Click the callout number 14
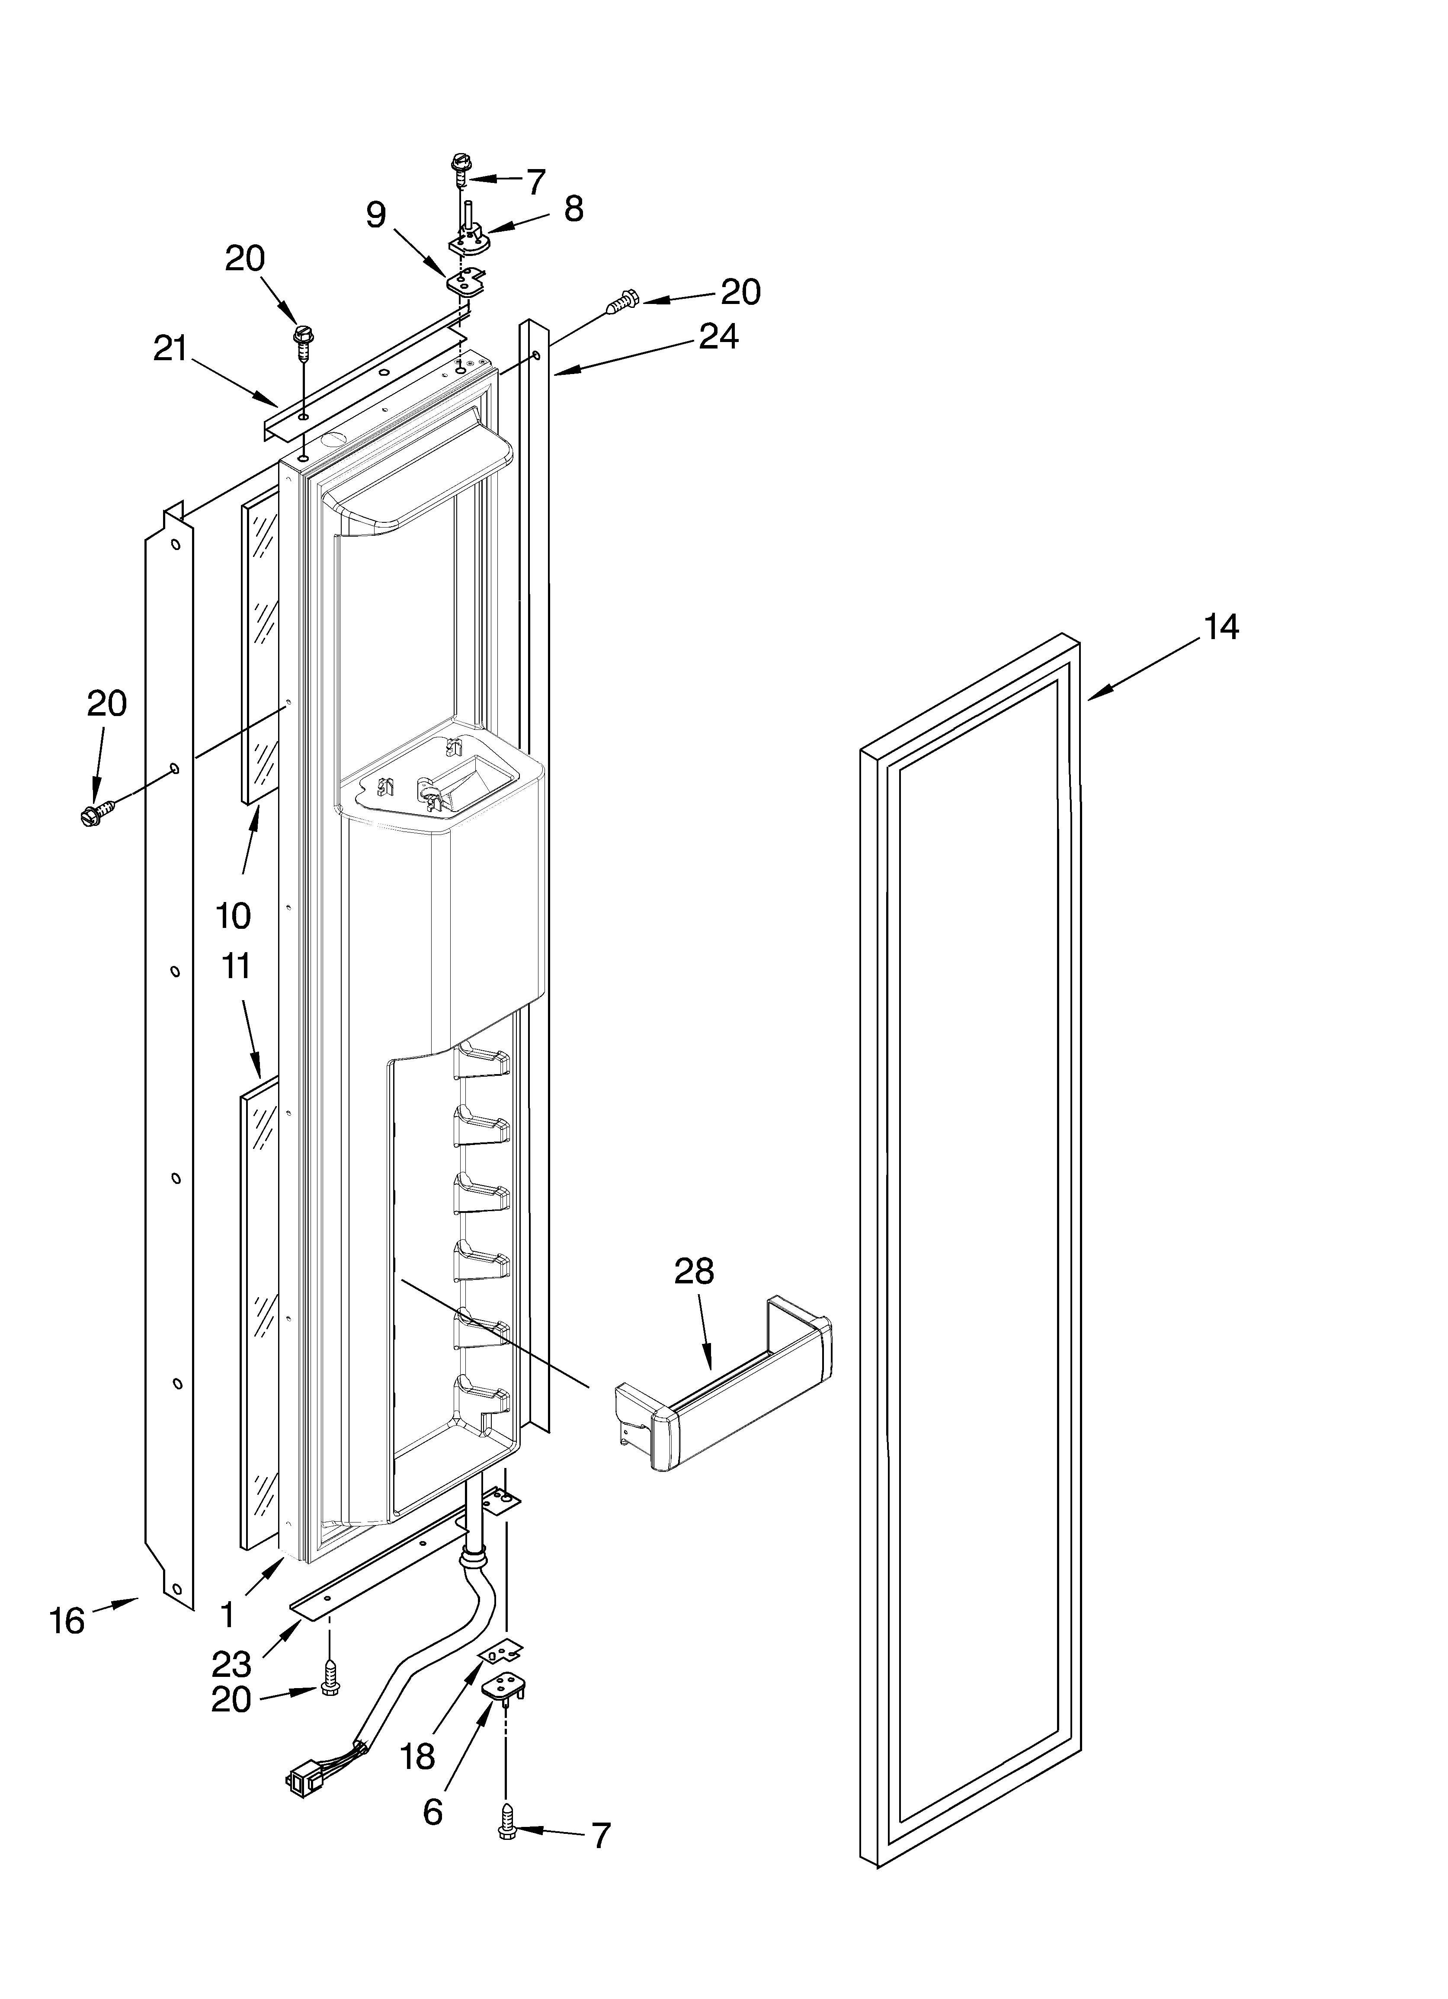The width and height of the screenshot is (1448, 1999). coord(1221,627)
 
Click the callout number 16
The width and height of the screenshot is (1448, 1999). coord(67,1620)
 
